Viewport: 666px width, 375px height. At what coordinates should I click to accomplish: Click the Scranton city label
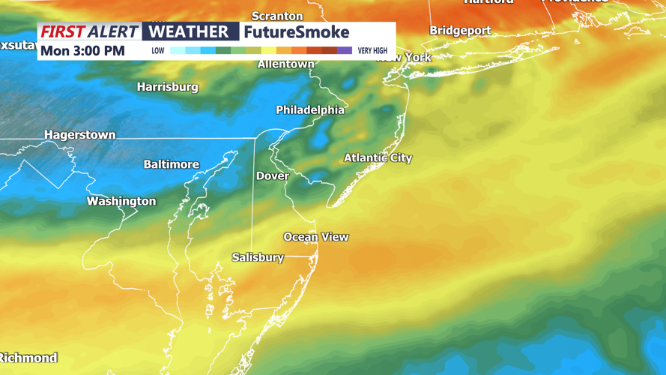(x=277, y=16)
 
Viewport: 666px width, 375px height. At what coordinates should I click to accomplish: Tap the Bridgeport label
(x=460, y=31)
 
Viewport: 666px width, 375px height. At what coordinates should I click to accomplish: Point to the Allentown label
(x=285, y=64)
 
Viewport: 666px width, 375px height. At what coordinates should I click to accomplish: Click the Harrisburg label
(x=167, y=87)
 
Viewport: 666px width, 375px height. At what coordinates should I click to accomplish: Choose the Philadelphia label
(x=310, y=110)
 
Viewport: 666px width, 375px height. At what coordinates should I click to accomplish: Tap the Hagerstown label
(x=80, y=135)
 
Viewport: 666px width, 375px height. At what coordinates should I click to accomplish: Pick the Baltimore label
(x=172, y=164)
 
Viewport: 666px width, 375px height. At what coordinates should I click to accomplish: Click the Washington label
(x=121, y=201)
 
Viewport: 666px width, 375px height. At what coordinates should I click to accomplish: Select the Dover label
(x=273, y=176)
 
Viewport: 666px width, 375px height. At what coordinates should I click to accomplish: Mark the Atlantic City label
(x=378, y=157)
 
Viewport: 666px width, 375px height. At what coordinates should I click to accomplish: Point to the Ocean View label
(x=315, y=237)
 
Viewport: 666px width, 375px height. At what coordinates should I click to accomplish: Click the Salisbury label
(x=258, y=257)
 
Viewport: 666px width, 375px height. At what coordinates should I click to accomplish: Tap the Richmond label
(x=28, y=358)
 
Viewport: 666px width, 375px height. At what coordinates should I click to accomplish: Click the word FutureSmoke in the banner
(x=297, y=32)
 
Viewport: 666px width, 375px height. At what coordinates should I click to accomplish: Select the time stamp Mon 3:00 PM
(x=82, y=51)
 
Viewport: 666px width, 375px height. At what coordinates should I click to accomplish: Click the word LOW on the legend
(x=158, y=51)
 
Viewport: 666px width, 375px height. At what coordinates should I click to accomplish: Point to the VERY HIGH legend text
(x=372, y=51)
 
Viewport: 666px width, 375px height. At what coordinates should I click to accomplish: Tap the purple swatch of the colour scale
(x=345, y=51)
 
